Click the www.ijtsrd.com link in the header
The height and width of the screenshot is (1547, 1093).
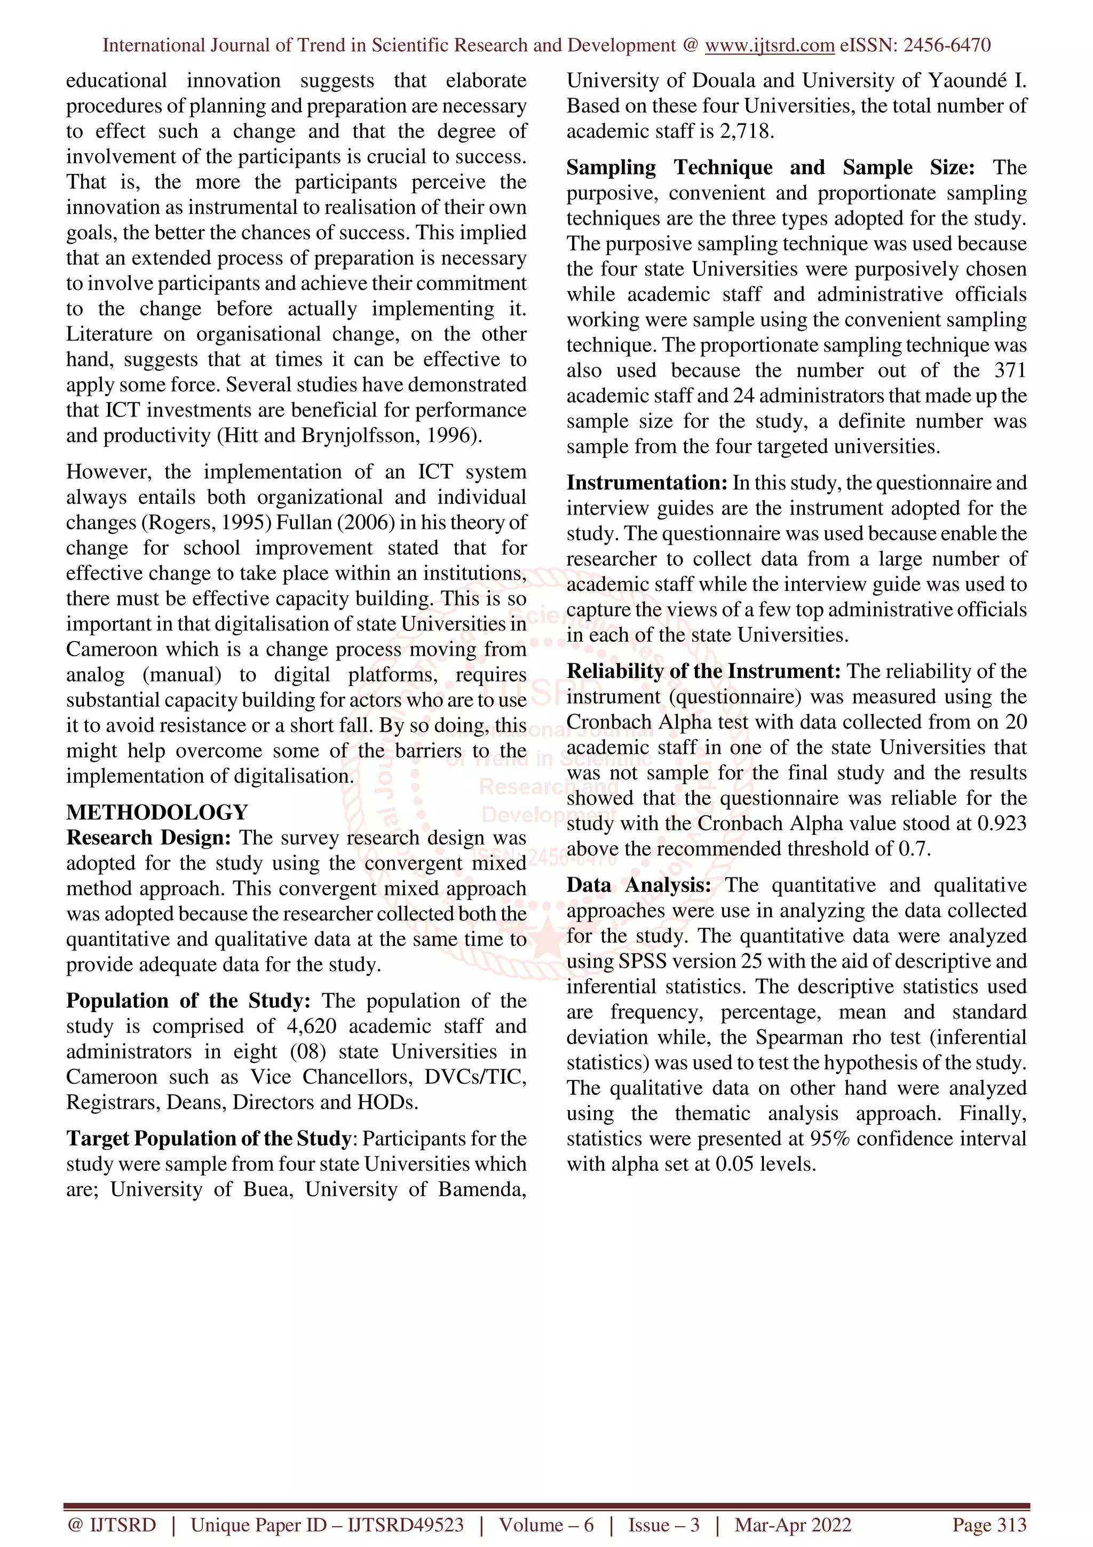[x=769, y=45]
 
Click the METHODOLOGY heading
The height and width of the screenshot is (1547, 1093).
[x=157, y=812]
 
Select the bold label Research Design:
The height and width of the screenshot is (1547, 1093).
[x=148, y=838]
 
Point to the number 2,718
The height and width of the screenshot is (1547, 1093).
[x=744, y=131]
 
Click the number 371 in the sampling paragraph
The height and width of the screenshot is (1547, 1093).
[x=1010, y=370]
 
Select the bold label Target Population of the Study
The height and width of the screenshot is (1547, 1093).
[x=208, y=1139]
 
